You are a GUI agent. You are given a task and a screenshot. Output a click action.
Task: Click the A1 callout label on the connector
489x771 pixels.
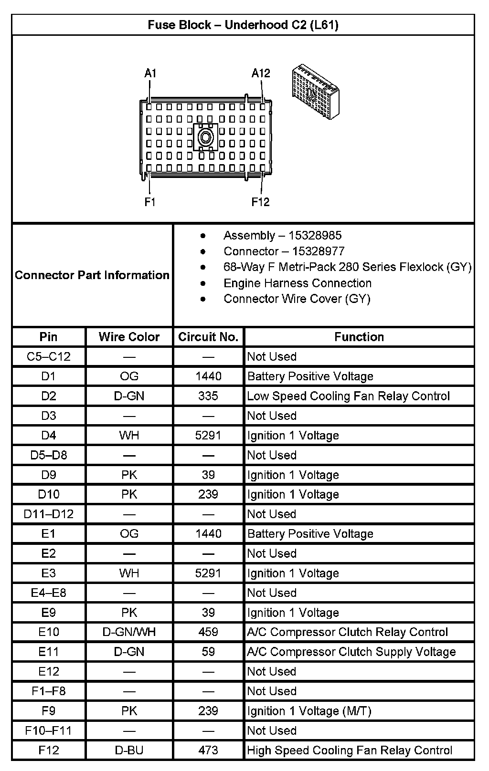pos(150,73)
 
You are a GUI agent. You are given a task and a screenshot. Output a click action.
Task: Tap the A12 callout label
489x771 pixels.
pos(261,73)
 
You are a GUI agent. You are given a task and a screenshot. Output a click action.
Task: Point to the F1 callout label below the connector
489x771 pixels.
pos(150,202)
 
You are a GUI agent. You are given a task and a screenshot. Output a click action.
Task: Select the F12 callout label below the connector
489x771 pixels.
pos(261,202)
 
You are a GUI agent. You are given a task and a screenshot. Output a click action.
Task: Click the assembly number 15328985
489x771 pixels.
pos(317,236)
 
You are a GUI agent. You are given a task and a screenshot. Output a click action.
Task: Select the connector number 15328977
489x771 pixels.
pos(318,251)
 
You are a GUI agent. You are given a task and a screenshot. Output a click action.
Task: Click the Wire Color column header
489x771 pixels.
pos(129,337)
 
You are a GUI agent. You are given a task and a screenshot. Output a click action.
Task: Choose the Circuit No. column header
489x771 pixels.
pos(208,337)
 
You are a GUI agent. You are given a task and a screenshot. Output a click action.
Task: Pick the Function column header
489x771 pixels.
pos(359,337)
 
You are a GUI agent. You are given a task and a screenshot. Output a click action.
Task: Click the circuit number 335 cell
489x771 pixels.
pos(208,396)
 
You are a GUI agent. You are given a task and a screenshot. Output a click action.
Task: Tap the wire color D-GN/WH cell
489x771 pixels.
pos(129,632)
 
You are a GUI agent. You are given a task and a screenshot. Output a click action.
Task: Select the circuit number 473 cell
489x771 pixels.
pos(208,750)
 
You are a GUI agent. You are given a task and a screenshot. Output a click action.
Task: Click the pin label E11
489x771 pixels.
pos(49,652)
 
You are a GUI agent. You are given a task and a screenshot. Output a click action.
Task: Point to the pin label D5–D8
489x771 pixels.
pos(49,455)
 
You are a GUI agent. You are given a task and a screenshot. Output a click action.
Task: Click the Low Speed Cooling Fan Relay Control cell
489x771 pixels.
pos(348,396)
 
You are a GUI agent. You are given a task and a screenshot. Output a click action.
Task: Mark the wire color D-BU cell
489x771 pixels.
pos(129,750)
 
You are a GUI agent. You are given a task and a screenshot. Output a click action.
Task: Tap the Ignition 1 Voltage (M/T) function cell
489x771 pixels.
pos(309,711)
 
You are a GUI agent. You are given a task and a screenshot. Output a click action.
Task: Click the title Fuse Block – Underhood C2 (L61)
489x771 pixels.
pos(243,25)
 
